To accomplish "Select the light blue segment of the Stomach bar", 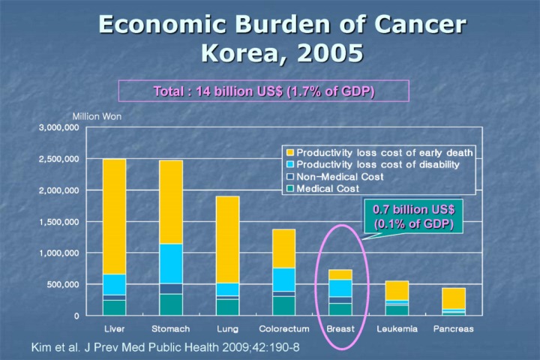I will [171, 263].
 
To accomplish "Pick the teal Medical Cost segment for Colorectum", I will [283, 305].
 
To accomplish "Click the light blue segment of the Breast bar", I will [340, 288].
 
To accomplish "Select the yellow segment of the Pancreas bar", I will [453, 298].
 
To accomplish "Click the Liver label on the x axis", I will [114, 328].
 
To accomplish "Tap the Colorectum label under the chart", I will [283, 328].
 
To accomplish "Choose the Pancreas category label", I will [453, 328].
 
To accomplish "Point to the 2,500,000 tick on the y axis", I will [59, 160].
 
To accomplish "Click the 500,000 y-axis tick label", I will [62, 285].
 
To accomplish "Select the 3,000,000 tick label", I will [59, 128].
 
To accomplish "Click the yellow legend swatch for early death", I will [289, 153].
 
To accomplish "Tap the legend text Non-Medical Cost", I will [340, 177].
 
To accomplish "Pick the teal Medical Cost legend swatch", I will [289, 189].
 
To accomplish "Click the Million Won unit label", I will [97, 116].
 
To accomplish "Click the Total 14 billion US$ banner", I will [263, 91].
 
